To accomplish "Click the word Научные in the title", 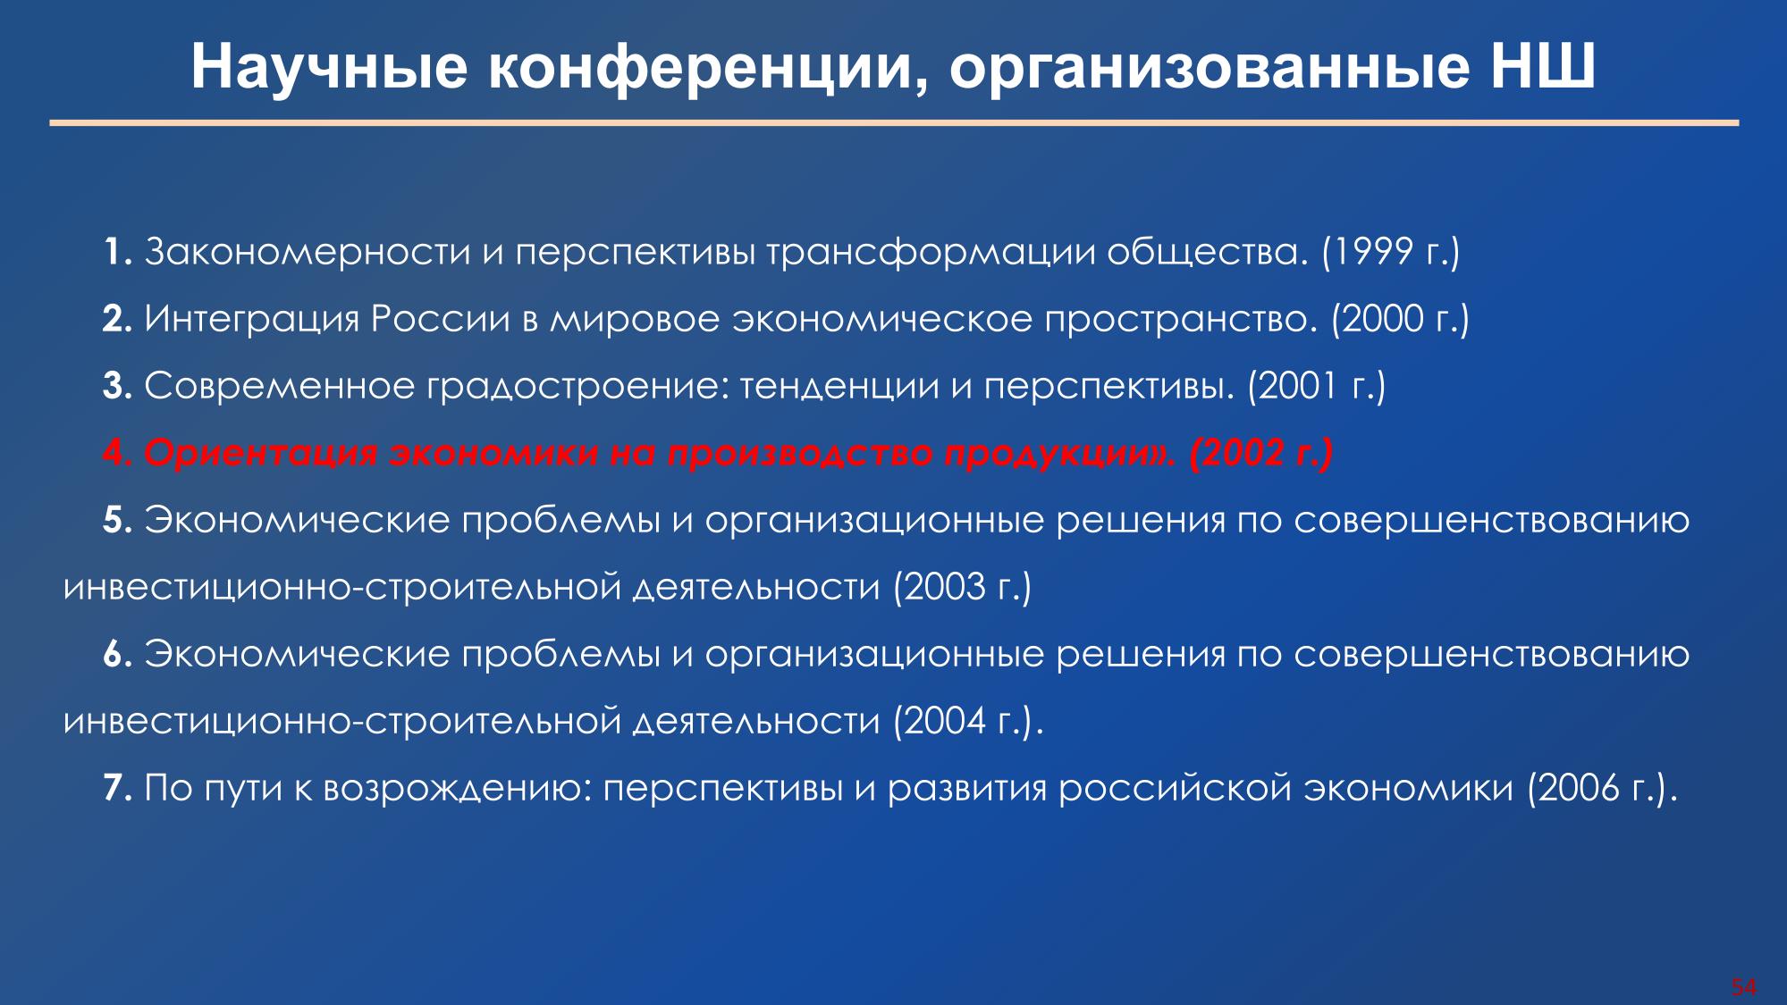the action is point(329,67).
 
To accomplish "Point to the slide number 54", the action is point(1744,987).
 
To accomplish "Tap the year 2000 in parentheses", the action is point(1382,319).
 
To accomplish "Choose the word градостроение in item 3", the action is point(575,387).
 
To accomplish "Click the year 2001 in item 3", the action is point(1299,386).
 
